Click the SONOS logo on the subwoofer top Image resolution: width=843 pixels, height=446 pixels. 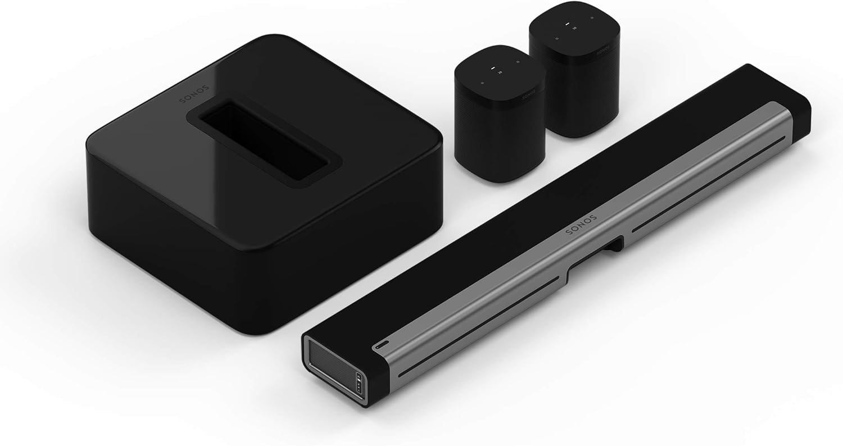[194, 94]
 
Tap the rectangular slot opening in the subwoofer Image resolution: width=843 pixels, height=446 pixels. [262, 141]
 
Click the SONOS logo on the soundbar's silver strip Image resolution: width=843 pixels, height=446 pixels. [582, 225]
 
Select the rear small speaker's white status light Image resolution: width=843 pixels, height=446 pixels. [567, 24]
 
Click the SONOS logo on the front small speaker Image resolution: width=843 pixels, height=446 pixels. [527, 94]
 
